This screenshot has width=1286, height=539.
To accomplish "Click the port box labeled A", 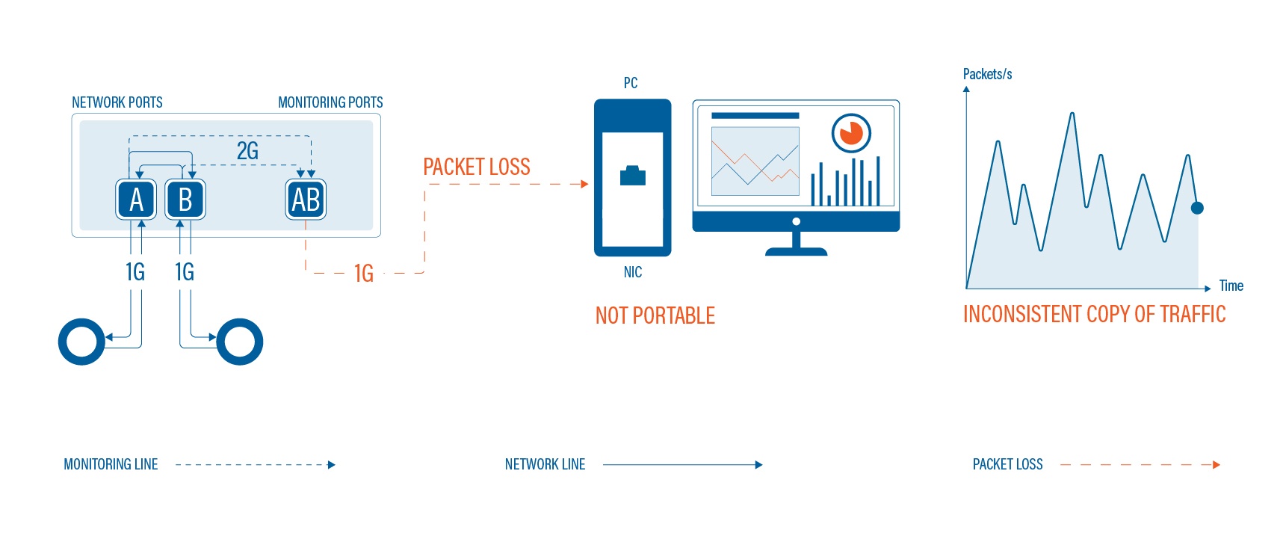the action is pos(136,200).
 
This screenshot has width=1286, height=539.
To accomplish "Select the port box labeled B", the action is pos(185,200).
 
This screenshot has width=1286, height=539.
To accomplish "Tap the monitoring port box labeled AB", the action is pos(306,200).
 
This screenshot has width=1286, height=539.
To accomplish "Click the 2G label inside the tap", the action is pos(247,151).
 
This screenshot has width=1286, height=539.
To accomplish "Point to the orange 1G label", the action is pos(364,274).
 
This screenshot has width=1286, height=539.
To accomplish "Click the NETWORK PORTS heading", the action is pos(117,102).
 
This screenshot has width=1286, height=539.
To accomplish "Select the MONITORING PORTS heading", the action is pos(330,102).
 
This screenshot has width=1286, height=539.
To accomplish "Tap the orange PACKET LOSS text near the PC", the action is pos(477,167).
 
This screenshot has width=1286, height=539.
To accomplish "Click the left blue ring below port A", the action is pos(81,342).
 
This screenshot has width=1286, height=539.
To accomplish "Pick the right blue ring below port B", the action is pos(240,342).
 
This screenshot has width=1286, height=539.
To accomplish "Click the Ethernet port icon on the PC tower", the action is pos(633,176).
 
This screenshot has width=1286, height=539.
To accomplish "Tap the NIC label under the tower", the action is pos(633,272).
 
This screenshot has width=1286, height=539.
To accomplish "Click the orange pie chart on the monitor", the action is pos(851,133).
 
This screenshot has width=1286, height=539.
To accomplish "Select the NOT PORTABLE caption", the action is pos(655,315).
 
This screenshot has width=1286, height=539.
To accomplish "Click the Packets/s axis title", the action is pos(987,74).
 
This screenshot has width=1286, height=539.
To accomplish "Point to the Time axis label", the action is pos(1231,286).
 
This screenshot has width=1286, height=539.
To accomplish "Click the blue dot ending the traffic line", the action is pos(1197,208).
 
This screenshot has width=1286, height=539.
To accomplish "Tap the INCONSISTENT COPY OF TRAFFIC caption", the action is pos(1095,314).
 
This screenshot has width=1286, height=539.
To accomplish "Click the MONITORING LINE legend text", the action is pos(111,464).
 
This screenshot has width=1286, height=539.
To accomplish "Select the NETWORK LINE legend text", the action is pos(545,464).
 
